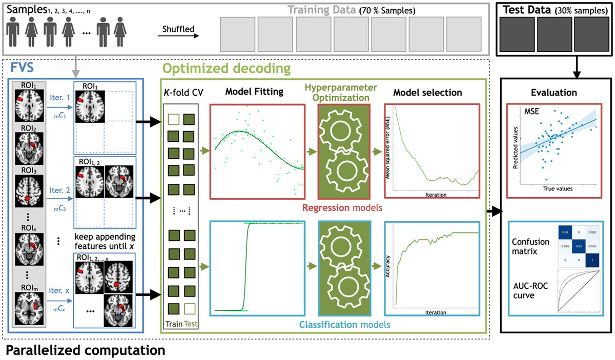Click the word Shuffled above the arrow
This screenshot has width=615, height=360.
click(178, 29)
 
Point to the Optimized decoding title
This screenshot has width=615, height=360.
click(226, 68)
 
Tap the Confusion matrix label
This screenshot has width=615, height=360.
click(527, 246)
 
